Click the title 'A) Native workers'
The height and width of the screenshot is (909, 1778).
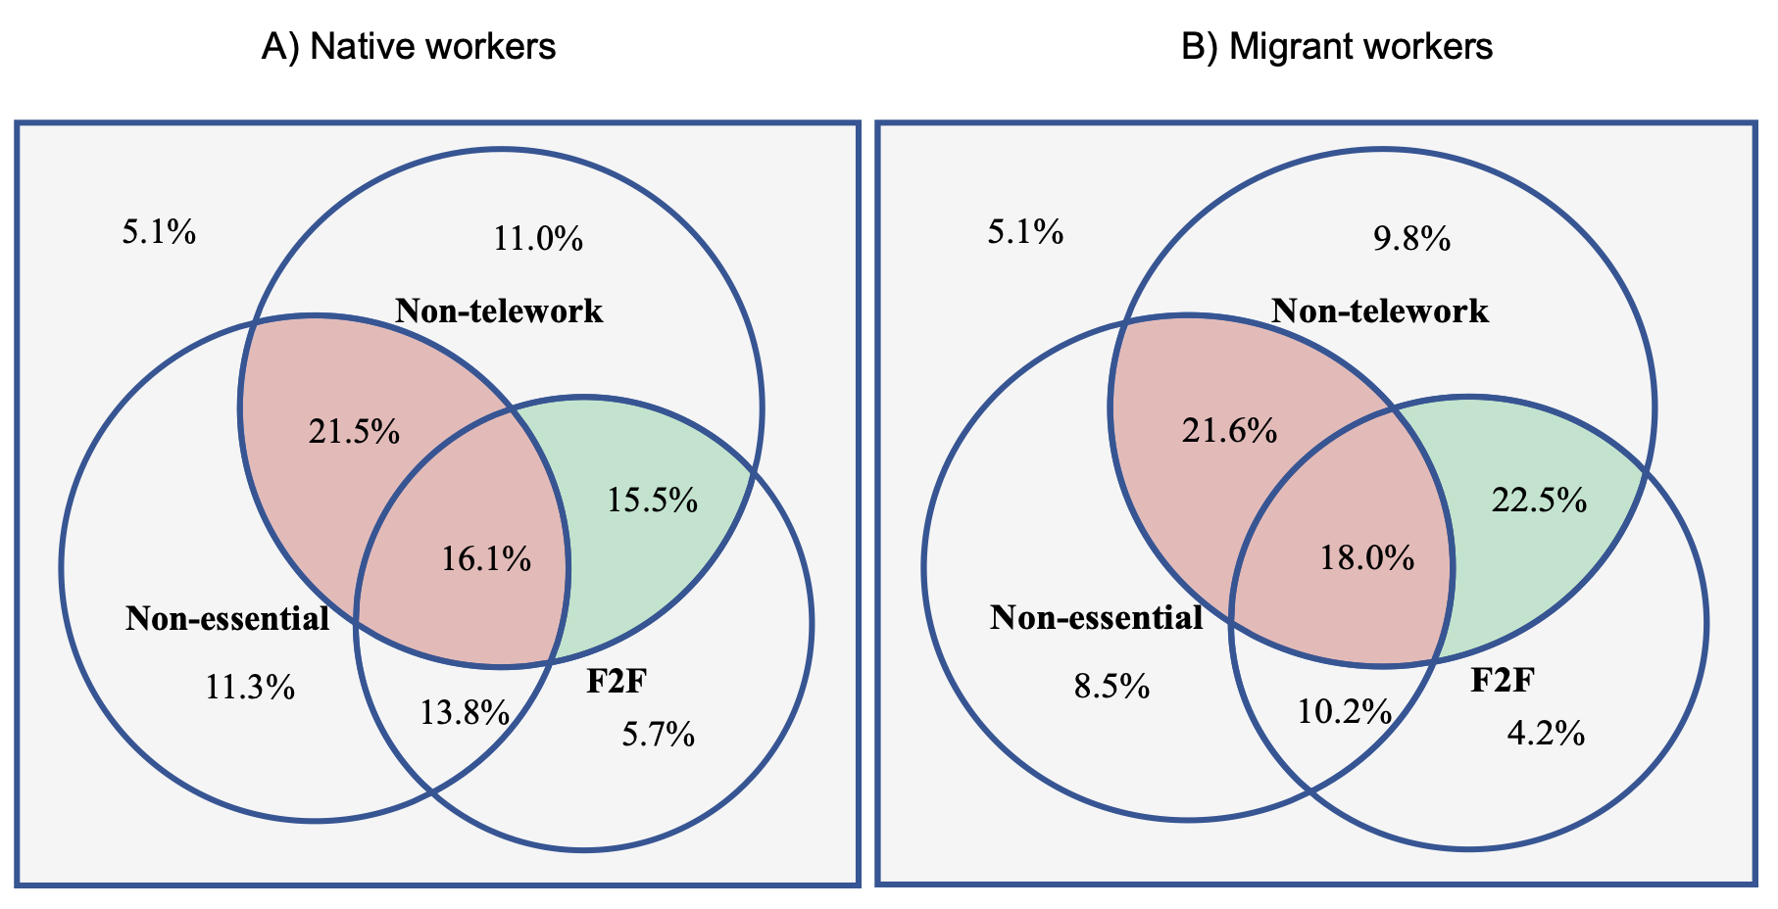point(408,47)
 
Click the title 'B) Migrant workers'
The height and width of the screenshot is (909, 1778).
point(1336,47)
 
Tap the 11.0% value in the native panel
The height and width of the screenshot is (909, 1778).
point(538,238)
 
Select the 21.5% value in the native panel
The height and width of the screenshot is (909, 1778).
point(354,431)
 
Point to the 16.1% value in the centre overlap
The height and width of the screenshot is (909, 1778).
point(486,559)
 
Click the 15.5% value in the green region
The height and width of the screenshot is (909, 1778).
point(652,501)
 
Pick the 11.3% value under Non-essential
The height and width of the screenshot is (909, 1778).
point(250,687)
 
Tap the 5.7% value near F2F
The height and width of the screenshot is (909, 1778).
point(659,734)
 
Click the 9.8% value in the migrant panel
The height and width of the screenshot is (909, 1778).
point(1411,238)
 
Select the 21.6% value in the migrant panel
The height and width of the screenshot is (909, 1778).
point(1229,430)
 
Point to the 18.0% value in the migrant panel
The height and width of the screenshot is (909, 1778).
point(1367,558)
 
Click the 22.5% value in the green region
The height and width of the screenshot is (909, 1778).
point(1539,501)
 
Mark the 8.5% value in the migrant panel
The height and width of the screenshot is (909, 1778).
point(1111,687)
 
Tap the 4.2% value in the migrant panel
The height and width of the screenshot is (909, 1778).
point(1546,734)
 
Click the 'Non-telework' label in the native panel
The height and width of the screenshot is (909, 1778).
point(499,311)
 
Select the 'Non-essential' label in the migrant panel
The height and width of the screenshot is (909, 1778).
point(1097,618)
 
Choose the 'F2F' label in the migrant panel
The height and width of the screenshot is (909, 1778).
point(1502,681)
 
